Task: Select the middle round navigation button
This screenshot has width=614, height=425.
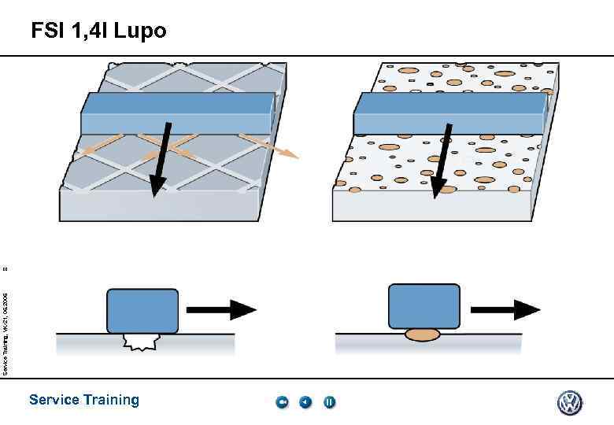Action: (x=305, y=403)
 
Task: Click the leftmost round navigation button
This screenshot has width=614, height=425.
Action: (x=282, y=403)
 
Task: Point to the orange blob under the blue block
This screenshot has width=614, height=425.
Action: (x=423, y=334)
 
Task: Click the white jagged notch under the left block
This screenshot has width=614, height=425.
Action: (x=142, y=341)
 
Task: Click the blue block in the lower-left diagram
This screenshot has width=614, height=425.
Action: (x=142, y=310)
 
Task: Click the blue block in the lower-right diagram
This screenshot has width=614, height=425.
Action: (x=424, y=305)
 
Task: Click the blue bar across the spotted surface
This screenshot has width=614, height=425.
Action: (x=449, y=113)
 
